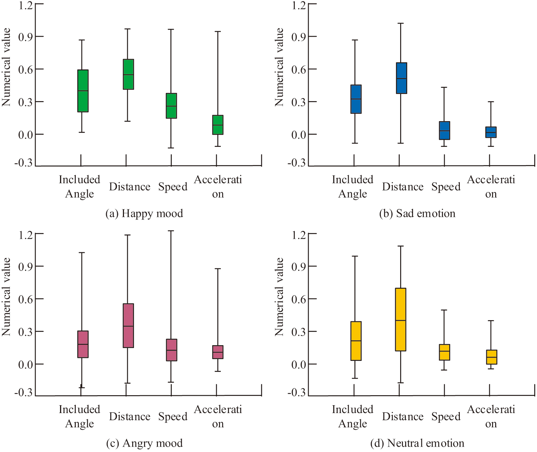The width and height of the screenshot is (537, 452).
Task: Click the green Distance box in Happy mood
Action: (128, 74)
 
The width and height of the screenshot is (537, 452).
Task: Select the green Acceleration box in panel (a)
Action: (218, 125)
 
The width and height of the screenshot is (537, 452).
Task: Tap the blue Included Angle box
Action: (356, 99)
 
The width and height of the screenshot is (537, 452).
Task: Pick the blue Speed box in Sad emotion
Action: (444, 130)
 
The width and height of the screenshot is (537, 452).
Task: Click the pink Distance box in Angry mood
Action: (128, 326)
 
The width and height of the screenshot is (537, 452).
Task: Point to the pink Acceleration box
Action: (218, 352)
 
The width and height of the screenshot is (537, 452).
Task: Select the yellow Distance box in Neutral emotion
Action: (401, 319)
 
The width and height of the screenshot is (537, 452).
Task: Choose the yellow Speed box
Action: (444, 352)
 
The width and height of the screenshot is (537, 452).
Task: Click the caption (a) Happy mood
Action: (144, 214)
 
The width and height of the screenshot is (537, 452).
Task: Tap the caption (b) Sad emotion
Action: (417, 214)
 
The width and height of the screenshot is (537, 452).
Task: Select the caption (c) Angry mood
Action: (144, 443)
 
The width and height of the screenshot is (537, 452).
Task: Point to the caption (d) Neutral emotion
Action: (417, 443)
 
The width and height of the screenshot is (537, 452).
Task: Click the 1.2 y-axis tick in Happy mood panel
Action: (25, 6)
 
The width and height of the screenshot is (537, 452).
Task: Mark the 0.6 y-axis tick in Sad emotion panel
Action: (299, 69)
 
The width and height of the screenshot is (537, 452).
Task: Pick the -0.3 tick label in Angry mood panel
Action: (23, 393)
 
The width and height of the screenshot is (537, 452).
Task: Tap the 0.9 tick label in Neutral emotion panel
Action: (299, 267)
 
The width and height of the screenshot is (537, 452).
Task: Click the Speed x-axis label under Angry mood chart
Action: (173, 417)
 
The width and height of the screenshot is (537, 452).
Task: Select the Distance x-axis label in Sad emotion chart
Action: (403, 187)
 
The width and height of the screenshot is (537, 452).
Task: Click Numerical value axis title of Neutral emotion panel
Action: (279, 297)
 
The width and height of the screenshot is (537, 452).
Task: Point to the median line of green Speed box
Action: (171, 106)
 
